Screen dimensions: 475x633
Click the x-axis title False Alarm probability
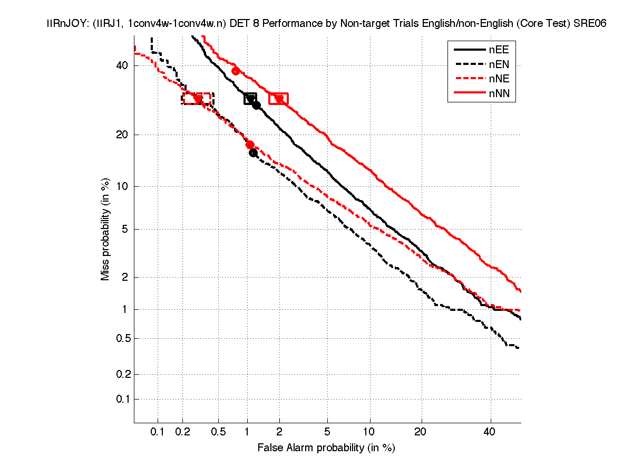(326, 448)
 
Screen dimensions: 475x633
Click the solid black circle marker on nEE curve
(256, 105)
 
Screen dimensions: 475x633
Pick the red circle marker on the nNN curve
(236, 71)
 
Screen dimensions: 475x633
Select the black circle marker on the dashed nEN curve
(253, 153)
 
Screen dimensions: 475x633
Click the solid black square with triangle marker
(250, 99)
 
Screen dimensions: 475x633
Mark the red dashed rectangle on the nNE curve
(198, 99)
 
